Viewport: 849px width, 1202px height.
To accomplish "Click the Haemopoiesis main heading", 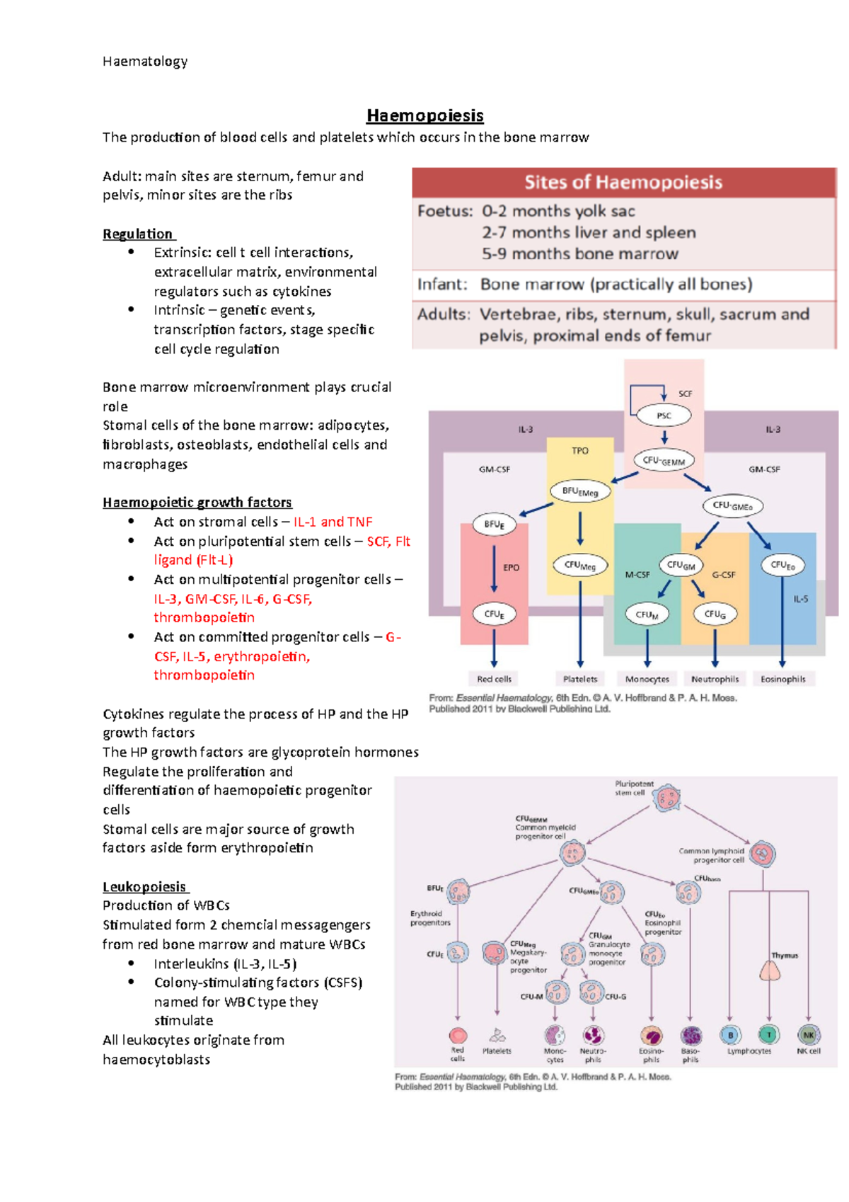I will coord(424,115).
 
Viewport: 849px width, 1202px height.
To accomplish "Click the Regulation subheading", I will coord(138,234).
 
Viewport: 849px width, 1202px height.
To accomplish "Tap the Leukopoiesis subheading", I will coord(144,886).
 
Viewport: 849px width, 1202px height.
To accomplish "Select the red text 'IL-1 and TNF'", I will coord(333,522).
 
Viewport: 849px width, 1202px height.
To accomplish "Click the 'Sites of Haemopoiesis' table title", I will coord(623,183).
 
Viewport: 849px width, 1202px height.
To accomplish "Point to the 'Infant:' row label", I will coord(442,285).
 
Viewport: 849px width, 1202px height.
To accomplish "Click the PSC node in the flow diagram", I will coord(664,416).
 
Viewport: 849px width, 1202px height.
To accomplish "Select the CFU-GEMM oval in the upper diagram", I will coord(664,461).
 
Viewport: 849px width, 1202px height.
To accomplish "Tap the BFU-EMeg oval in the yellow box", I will coord(580,491).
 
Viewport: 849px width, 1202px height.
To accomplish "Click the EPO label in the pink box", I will coord(511,568).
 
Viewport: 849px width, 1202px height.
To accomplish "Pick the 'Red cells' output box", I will coord(494,679).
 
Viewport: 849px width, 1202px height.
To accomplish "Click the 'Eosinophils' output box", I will coord(782,679).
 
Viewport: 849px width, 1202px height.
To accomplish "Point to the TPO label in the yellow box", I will coord(579,451).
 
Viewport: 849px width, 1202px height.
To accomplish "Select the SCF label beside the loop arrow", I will coord(685,394).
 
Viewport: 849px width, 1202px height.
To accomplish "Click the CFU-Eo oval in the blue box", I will coord(782,566).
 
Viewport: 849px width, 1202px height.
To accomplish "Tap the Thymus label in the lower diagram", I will coord(784,956).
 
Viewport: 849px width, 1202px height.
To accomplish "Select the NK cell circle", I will coord(809,1035).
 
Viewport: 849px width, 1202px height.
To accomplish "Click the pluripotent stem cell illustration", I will coord(666,799).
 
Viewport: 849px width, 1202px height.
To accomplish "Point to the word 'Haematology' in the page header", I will coord(145,62).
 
